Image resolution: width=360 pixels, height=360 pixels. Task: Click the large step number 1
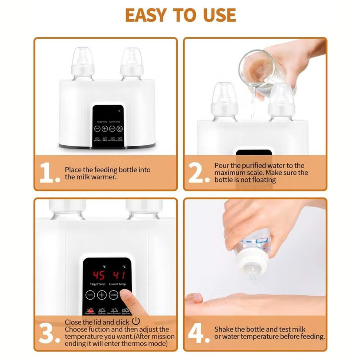pos(49,173)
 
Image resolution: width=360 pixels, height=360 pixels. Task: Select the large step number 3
pos(49,334)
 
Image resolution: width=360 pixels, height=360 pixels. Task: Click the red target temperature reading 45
pos(99,275)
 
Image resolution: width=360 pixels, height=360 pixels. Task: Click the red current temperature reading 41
pos(119,275)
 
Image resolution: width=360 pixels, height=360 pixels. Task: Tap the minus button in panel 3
pos(91,295)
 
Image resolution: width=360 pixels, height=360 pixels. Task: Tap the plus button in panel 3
pos(102,295)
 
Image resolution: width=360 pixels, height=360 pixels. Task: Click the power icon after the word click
pos(136,321)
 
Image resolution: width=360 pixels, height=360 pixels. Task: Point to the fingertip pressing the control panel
pos(126,297)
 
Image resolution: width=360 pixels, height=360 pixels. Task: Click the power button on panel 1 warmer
pos(120,129)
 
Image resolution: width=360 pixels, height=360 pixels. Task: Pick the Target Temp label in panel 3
pos(96,284)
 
